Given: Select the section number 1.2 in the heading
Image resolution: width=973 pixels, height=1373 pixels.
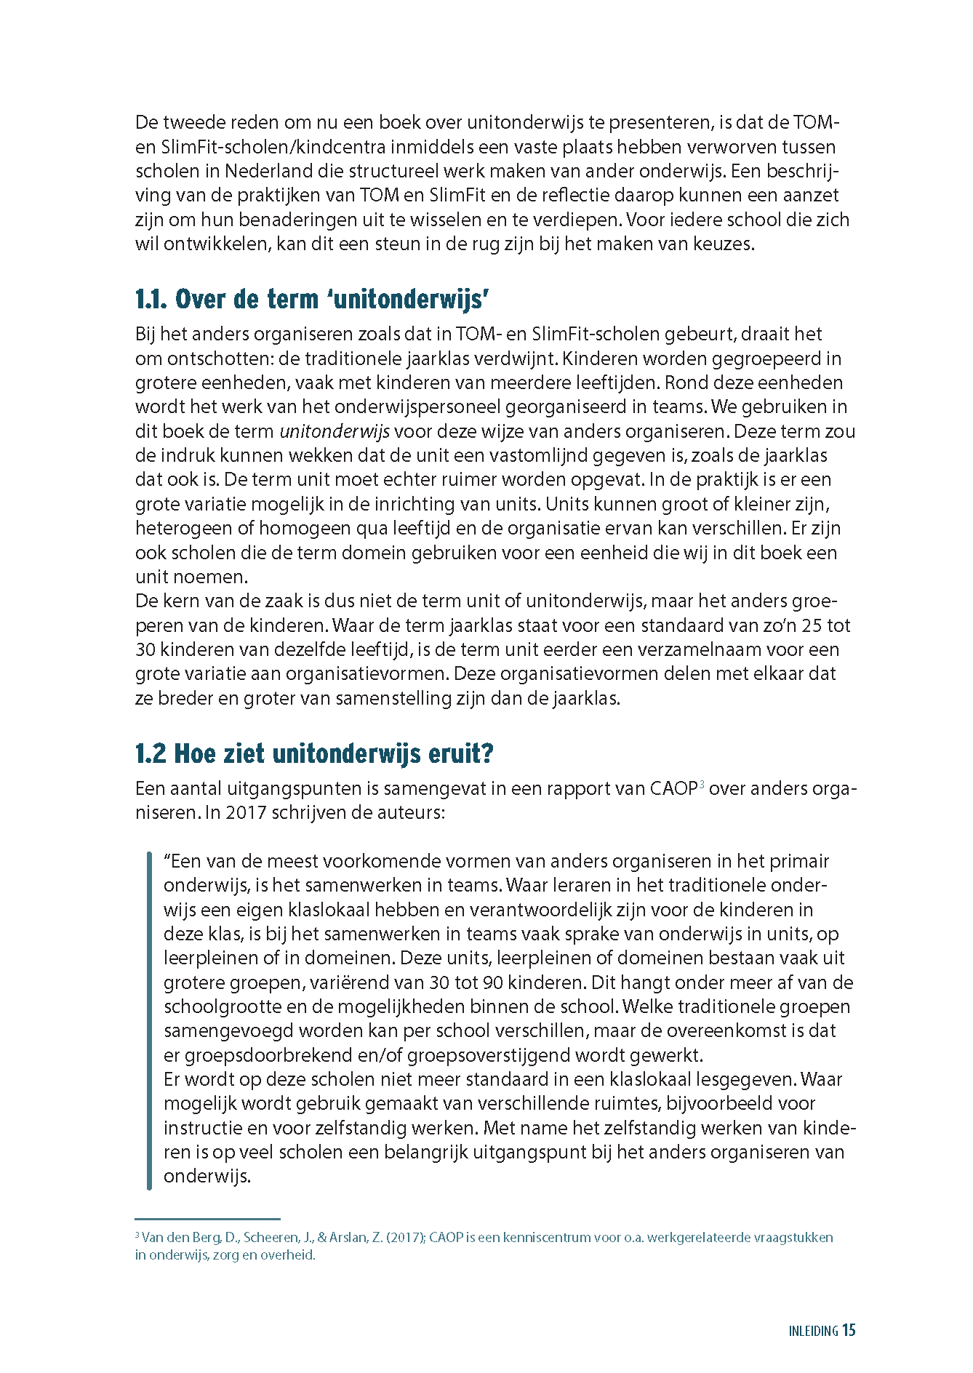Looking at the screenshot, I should coord(151,754).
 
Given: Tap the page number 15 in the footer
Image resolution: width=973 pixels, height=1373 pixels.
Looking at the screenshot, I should coord(849,1330).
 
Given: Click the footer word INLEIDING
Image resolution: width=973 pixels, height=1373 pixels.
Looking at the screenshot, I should coord(813,1331).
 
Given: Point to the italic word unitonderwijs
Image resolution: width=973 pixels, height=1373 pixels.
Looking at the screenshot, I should coord(335,431).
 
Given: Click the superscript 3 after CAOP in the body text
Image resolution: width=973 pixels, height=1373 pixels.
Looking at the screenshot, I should coord(702,785).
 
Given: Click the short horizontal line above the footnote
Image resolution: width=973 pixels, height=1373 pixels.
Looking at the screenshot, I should coord(207,1219).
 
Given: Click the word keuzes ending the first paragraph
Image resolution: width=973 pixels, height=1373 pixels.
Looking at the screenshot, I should coord(723,244).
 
